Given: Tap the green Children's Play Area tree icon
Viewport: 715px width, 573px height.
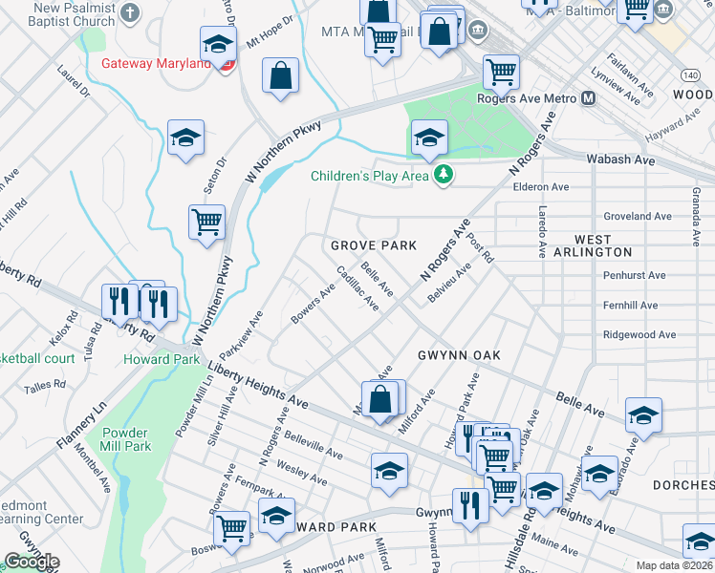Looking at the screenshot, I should [442, 175].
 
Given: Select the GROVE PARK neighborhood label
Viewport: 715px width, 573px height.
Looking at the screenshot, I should [374, 245].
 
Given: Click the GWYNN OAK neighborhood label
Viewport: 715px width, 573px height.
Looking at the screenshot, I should [459, 354].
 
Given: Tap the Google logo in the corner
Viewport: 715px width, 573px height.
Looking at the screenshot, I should [32, 562].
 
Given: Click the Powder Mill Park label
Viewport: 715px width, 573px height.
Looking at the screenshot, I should [125, 438].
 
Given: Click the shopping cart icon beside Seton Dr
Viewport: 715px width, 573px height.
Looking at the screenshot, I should [206, 223].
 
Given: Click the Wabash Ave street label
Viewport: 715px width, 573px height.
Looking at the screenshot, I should [620, 160].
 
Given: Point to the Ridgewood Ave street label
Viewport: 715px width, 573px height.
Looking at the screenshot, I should [639, 335].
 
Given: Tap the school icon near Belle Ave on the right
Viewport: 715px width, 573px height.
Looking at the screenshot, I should [643, 415].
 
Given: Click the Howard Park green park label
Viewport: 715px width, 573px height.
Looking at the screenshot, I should [162, 359].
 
